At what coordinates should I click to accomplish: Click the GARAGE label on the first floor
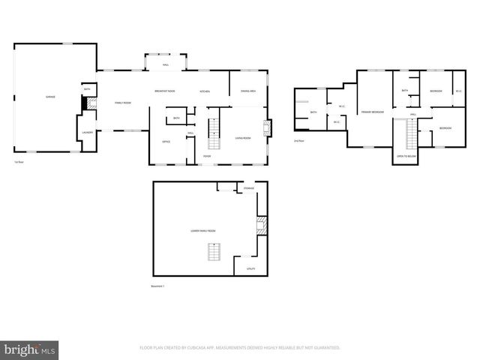[x=50, y=97]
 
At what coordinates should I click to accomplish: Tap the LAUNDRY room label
[x=87, y=133]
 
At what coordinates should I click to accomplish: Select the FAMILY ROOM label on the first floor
[x=122, y=102]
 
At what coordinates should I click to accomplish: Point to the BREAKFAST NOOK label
[x=165, y=91]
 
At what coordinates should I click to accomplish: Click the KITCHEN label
[x=205, y=91]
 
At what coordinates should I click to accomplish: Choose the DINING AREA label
[x=248, y=91]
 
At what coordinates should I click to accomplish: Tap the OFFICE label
[x=166, y=141]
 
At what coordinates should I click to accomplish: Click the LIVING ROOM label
[x=243, y=138]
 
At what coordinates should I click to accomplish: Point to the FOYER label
[x=207, y=156]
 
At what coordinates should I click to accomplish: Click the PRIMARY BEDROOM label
[x=373, y=112]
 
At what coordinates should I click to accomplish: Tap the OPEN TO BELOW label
[x=405, y=157]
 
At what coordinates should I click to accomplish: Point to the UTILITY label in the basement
[x=250, y=268]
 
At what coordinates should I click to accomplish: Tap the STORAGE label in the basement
[x=249, y=188]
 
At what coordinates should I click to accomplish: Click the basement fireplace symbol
[x=261, y=226]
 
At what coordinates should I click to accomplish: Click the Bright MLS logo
[x=30, y=349]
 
